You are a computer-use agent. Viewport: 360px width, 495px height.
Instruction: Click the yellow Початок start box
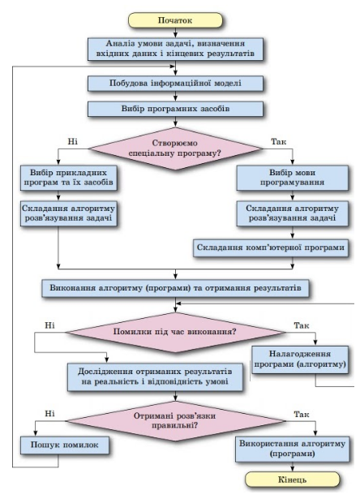[175, 20]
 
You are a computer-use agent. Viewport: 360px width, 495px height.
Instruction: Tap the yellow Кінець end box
[292, 480]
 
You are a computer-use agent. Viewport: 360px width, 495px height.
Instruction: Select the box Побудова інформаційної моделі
[175, 84]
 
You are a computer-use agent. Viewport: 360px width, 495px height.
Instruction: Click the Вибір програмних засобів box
[175, 109]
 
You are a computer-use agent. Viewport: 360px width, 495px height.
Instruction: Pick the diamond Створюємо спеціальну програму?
[175, 148]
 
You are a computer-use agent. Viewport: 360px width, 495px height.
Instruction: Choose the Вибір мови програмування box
[292, 178]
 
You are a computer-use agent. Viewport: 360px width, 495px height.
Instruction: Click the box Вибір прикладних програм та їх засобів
[68, 178]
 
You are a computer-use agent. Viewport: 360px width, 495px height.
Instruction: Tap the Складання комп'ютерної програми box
[270, 247]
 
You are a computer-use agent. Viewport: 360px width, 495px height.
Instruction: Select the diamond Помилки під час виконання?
[175, 332]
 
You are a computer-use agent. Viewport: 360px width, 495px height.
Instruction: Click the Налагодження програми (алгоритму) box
[300, 359]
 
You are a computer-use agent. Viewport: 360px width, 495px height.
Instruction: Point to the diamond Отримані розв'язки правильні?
[175, 421]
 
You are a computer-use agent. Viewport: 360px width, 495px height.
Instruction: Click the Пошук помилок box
[65, 445]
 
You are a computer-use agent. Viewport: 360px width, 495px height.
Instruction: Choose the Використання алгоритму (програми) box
[292, 449]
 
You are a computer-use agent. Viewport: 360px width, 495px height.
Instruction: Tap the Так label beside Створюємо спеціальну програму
[279, 142]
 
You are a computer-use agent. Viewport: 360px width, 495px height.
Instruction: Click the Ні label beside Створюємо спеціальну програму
[73, 141]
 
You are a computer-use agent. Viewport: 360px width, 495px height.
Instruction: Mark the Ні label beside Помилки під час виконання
[49, 325]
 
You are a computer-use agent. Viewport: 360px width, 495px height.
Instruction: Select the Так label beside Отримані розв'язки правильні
[302, 414]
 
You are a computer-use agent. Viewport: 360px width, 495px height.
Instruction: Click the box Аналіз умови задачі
[175, 49]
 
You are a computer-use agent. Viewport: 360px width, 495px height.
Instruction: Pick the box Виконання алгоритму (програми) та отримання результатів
[175, 288]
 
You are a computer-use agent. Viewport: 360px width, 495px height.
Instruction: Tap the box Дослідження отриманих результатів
[155, 377]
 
